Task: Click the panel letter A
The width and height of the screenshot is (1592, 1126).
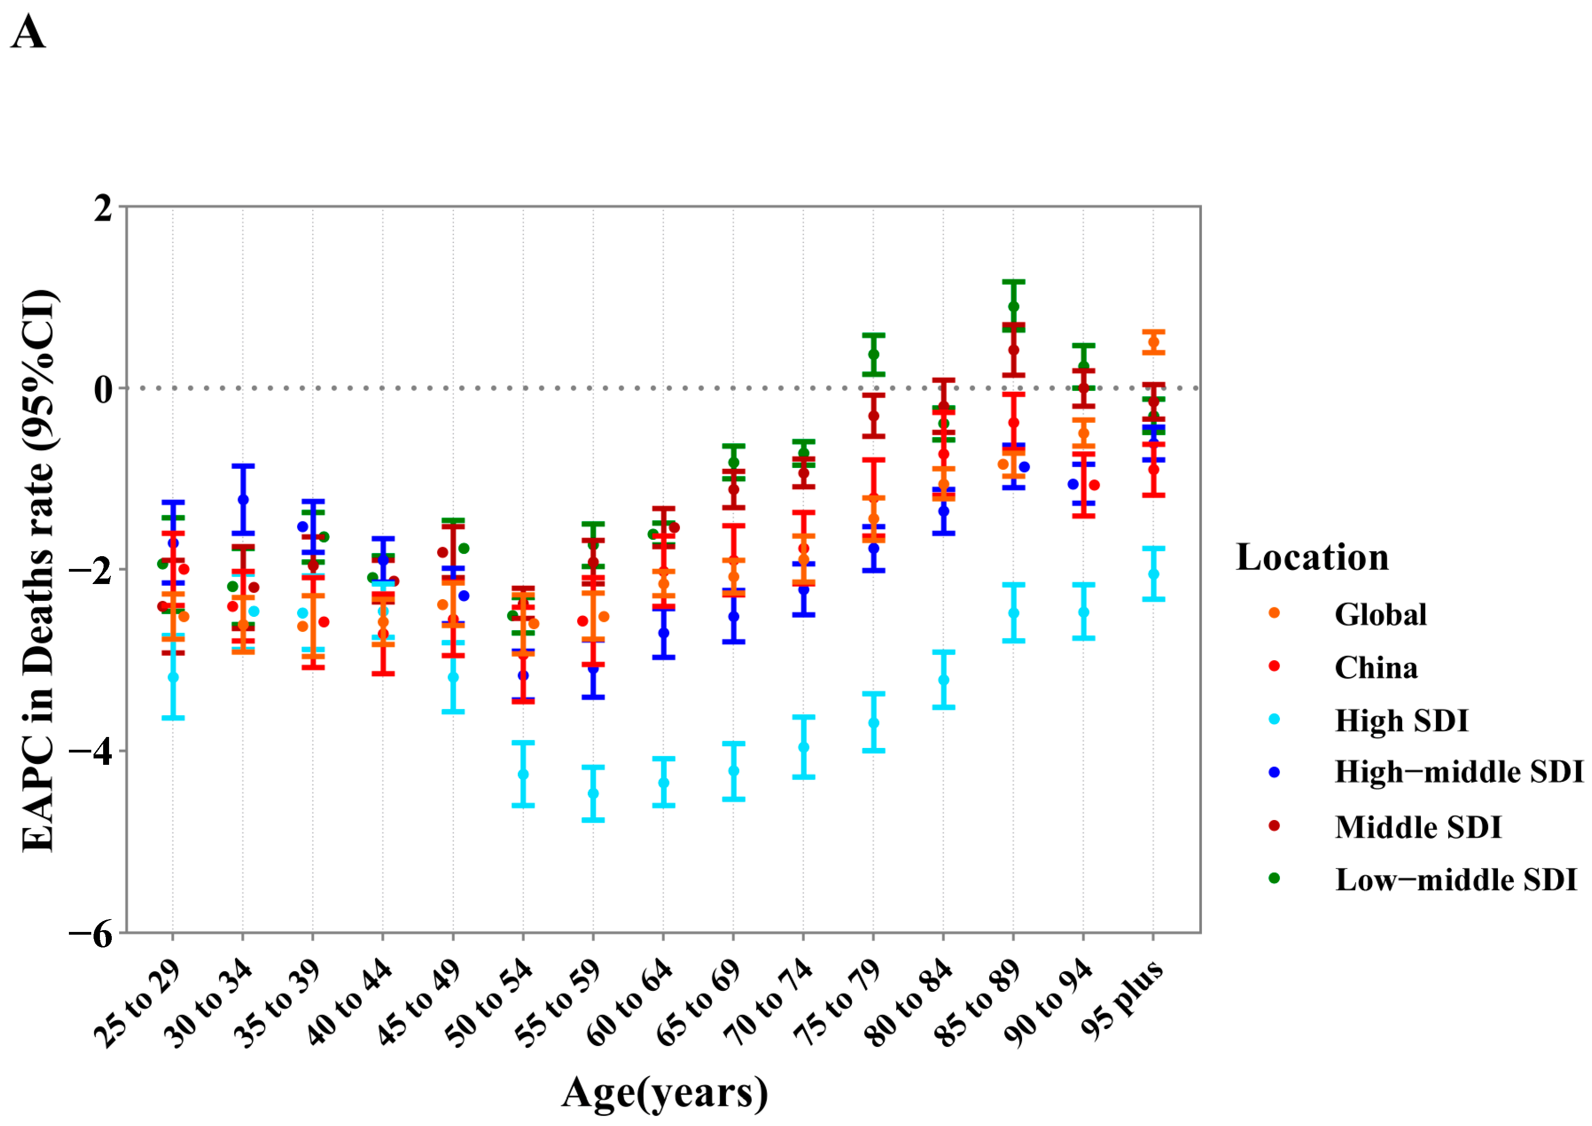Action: point(28,32)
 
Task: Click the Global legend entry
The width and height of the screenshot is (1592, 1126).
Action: point(1380,615)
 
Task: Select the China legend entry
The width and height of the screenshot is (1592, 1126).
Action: point(1376,668)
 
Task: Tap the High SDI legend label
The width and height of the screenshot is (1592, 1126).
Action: point(1401,721)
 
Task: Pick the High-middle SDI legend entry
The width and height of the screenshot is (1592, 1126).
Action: point(1458,772)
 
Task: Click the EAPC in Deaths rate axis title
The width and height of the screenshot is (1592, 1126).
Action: point(39,570)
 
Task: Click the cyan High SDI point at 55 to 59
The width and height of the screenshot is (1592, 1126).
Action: point(593,794)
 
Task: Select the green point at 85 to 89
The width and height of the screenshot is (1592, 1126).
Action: point(1013,307)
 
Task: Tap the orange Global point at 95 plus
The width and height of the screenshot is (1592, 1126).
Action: point(1153,342)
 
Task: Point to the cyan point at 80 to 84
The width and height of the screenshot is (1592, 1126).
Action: point(943,680)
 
